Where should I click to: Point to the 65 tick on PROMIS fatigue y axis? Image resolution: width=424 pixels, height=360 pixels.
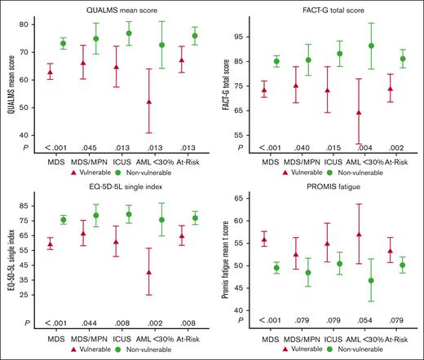click(x=244, y=199)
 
